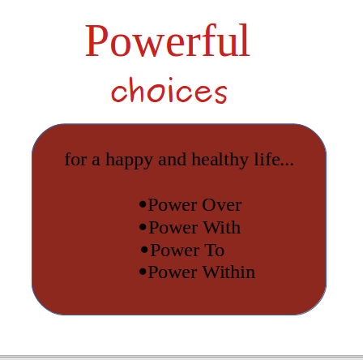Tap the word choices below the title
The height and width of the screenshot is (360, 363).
click(169, 90)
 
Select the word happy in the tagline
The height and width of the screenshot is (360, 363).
click(129, 160)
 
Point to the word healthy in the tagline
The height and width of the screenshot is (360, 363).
click(220, 160)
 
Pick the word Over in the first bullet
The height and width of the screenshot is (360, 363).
click(222, 205)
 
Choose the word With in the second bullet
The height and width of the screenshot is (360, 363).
click(221, 228)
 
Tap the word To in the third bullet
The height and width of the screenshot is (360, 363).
click(215, 251)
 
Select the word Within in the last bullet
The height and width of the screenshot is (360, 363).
click(228, 272)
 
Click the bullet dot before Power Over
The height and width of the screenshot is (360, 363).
click(143, 204)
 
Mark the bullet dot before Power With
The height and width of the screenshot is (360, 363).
click(143, 227)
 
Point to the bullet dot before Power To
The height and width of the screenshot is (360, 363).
click(144, 250)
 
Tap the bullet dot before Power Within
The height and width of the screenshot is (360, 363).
click(143, 272)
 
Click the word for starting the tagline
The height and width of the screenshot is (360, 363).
click(75, 159)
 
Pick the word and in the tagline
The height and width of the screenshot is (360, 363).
click(173, 159)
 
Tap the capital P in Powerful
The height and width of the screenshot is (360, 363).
click(96, 41)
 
